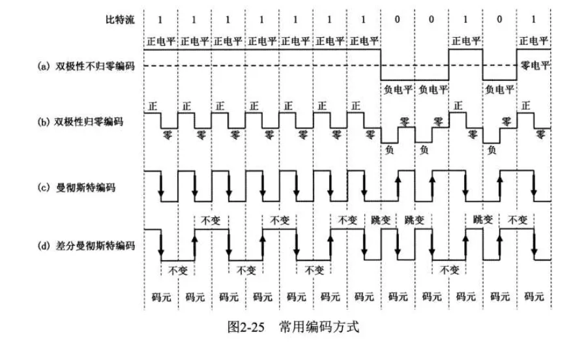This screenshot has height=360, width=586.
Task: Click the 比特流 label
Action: pyautogui.click(x=120, y=20)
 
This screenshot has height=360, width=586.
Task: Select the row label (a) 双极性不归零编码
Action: pyautogui.click(x=86, y=67)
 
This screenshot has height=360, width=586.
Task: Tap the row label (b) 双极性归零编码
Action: pyautogui.click(x=80, y=122)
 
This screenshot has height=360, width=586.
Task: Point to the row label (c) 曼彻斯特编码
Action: pyautogui.click(x=77, y=187)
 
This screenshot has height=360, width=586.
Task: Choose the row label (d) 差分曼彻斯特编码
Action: pyautogui.click(x=86, y=246)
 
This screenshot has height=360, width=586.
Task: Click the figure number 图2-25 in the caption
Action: pyautogui.click(x=246, y=327)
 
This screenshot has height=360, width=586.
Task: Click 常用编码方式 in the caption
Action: pyautogui.click(x=319, y=327)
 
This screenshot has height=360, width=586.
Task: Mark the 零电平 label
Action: pyautogui.click(x=535, y=66)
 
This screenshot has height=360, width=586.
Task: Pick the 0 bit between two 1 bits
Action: pyautogui.click(x=499, y=19)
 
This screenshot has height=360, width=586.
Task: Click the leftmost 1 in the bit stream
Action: pyautogui.click(x=160, y=20)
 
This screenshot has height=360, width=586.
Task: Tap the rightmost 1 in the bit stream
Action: pyautogui.click(x=533, y=19)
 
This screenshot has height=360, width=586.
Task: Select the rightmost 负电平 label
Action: pyautogui.click(x=499, y=89)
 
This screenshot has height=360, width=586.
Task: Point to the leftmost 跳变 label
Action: pyautogui.click(x=381, y=220)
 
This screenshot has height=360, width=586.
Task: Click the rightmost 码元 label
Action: pyautogui.click(x=534, y=297)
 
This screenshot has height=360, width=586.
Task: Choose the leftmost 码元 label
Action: pyautogui.click(x=162, y=297)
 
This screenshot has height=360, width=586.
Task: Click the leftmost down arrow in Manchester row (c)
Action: pyautogui.click(x=161, y=186)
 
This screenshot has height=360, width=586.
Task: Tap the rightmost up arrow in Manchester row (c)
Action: pyautogui.click(x=500, y=186)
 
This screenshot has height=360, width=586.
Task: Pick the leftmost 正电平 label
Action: pyautogui.click(x=161, y=41)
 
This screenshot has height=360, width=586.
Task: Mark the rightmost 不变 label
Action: pyautogui.click(x=518, y=220)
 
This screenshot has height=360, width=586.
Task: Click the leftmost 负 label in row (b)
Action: pyautogui.click(x=389, y=150)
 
